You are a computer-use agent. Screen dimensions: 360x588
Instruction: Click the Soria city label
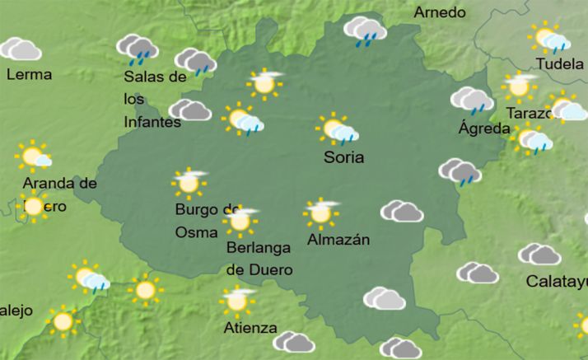pos(344,157)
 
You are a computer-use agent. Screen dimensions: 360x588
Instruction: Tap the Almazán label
pos(338,240)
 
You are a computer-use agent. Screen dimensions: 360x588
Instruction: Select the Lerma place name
pos(29,74)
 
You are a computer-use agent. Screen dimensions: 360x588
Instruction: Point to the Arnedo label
pos(440,12)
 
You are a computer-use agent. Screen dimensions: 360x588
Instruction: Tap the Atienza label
pos(250,328)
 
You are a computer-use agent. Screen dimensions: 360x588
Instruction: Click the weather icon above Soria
pos(337,130)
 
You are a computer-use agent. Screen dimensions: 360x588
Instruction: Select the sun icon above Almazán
pos(320,213)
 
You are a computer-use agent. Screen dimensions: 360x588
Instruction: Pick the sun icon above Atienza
pos(238,301)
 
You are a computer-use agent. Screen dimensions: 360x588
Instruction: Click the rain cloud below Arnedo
pos(366,32)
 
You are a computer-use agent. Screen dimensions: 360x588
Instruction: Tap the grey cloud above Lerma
pos(20,49)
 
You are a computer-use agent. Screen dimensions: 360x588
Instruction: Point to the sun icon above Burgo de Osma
pos(189,182)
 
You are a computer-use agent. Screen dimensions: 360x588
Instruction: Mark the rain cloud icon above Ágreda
pos(472,100)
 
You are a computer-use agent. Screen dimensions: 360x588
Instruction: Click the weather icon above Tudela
pos(550,38)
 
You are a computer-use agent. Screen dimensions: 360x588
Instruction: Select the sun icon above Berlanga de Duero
pos(240,220)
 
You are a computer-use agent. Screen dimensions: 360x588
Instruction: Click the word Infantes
pos(152,123)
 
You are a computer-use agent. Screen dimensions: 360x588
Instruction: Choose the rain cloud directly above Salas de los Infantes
pos(138,49)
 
